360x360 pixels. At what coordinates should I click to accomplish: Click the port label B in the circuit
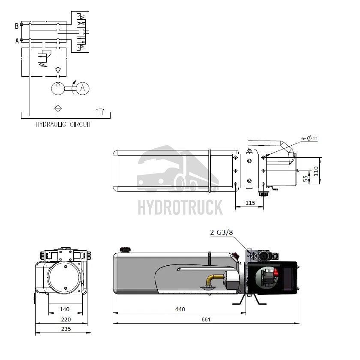click(17, 26)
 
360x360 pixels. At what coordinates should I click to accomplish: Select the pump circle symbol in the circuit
click(58, 88)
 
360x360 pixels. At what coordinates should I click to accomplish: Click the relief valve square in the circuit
click(42, 57)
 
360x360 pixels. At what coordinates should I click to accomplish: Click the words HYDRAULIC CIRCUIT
click(63, 125)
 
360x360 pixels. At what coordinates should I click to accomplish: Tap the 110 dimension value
click(316, 171)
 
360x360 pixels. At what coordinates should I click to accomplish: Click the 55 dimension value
click(305, 178)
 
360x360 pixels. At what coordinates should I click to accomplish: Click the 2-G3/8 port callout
click(222, 232)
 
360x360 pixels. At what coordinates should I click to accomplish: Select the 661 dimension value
click(206, 319)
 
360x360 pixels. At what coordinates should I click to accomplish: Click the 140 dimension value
click(64, 309)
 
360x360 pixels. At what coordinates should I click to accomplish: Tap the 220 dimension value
click(66, 319)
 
